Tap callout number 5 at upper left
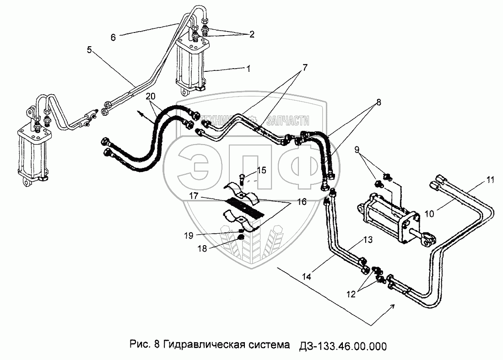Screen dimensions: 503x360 90,49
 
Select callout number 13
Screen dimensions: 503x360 368,240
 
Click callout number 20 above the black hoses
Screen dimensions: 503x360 151,96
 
